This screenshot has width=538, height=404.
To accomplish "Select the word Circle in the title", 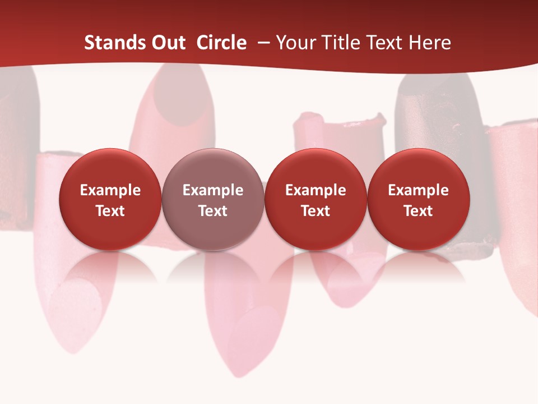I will click(x=221, y=43).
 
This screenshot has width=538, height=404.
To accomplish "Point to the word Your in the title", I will click(x=295, y=43).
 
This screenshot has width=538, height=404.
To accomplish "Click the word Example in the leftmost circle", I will click(x=110, y=190).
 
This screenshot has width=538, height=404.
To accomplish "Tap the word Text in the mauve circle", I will click(x=213, y=211).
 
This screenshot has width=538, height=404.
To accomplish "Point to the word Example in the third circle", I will click(x=316, y=190).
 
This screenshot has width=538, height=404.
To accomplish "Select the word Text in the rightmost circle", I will click(x=419, y=211).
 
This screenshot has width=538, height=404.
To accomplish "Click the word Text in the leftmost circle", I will click(x=110, y=211).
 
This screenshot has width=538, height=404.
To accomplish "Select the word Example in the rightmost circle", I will click(x=419, y=190).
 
